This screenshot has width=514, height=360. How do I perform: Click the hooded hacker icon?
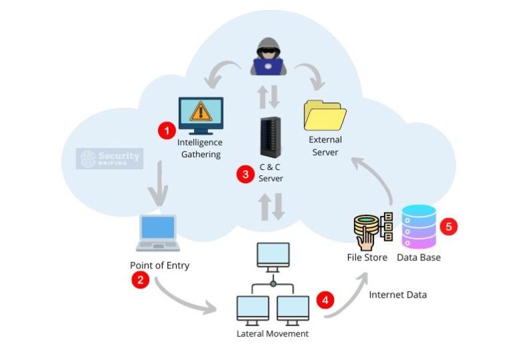268,57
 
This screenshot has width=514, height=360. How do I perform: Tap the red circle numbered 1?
166,130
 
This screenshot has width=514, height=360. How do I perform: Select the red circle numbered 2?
140,280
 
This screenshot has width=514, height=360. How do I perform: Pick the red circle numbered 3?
246,174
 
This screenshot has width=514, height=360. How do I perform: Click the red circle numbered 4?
325,300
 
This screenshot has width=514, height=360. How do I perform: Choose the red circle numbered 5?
449,226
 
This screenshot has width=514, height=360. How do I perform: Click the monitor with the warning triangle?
200,116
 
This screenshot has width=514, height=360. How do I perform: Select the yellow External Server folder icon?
325,114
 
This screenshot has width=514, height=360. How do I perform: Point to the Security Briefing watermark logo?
109,159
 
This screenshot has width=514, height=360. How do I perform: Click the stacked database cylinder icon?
418,227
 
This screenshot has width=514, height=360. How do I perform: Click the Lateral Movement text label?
272,333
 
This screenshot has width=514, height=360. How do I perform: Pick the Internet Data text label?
398,294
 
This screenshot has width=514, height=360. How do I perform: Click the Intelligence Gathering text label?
199,149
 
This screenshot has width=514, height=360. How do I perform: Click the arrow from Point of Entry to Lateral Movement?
184,299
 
